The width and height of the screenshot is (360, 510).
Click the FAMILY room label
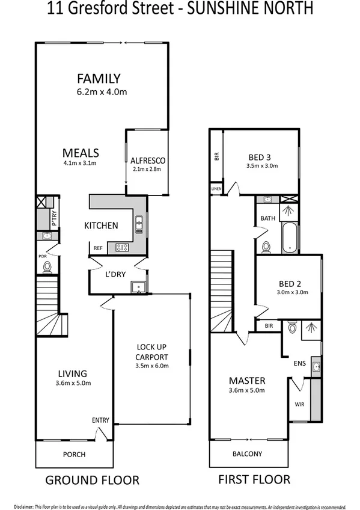click(x=99, y=78)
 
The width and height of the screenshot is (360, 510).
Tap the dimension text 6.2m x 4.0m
click(x=102, y=92)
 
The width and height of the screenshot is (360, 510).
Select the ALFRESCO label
click(x=147, y=161)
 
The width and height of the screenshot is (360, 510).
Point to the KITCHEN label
click(x=100, y=226)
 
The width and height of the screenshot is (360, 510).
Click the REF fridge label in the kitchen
click(x=97, y=247)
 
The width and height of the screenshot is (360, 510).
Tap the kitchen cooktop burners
click(x=123, y=247)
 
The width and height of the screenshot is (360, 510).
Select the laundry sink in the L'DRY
click(x=139, y=286)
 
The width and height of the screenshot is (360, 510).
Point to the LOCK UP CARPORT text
click(x=151, y=352)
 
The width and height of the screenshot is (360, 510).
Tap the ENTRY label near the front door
click(x=100, y=420)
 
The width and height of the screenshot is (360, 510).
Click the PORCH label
click(x=74, y=454)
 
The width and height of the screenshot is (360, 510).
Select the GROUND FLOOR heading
click(x=93, y=480)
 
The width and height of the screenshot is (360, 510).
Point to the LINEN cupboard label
click(x=216, y=189)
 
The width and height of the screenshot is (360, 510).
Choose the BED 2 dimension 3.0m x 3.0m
click(x=293, y=293)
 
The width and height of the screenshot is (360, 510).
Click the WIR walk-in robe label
click(x=299, y=404)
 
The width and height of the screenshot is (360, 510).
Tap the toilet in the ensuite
click(x=292, y=328)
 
